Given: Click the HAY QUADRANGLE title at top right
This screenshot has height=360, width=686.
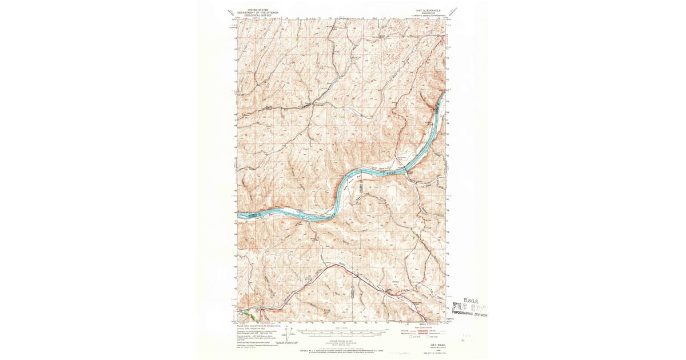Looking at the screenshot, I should click(428, 10).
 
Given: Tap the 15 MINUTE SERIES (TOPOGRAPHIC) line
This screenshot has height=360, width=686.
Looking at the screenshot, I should click(428, 16).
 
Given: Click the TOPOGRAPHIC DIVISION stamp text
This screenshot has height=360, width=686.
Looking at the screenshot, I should click(470, 314).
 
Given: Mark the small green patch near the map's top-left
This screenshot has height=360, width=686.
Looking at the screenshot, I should click(297, 40).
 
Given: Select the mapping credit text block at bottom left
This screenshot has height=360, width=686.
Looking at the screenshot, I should click(254, 331).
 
